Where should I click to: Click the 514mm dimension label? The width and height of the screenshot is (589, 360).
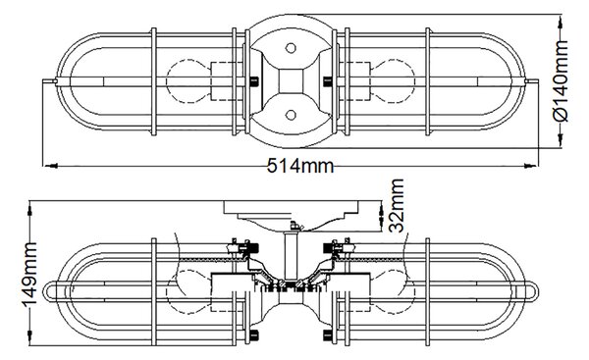tap(300, 166)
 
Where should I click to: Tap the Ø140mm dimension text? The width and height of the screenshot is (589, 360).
tap(562, 80)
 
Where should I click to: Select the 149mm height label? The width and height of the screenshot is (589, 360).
tap(29, 275)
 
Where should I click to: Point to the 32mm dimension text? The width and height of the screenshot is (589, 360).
tap(396, 205)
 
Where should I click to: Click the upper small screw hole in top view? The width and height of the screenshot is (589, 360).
tap(291, 48)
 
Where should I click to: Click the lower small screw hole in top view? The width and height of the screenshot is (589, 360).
tap(291, 115)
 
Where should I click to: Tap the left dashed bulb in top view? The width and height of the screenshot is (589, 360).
tap(187, 81)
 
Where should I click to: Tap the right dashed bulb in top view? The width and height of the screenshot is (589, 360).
tap(394, 81)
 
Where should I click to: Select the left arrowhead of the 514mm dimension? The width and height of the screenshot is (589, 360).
tap(51, 166)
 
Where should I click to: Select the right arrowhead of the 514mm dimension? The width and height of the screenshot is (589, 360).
tap(530, 166)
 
